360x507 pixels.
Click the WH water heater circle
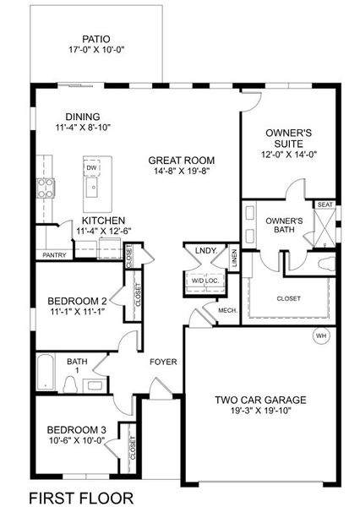click(x=321, y=335)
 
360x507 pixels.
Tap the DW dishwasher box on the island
click(x=92, y=167)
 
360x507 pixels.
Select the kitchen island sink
click(x=94, y=188)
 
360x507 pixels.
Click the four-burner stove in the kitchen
click(x=46, y=188)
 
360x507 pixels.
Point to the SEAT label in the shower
click(x=325, y=204)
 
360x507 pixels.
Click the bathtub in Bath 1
click(x=46, y=373)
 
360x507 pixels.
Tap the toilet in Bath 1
click(x=70, y=384)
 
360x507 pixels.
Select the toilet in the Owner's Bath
click(x=327, y=263)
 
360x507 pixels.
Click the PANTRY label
click(x=54, y=255)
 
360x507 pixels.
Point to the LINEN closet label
click(x=234, y=258)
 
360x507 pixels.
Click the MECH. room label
click(x=228, y=310)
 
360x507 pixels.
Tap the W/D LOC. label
click(x=205, y=281)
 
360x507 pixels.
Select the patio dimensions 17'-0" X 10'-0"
click(x=96, y=50)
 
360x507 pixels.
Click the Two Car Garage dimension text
click(x=261, y=411)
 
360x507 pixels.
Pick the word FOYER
click(x=163, y=362)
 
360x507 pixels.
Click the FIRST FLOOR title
click(x=81, y=498)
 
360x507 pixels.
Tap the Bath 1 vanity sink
click(x=94, y=385)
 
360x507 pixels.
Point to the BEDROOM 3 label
click(x=76, y=430)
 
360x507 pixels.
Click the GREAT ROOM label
click(x=182, y=160)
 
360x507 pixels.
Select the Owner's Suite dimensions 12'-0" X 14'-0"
click(x=289, y=155)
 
